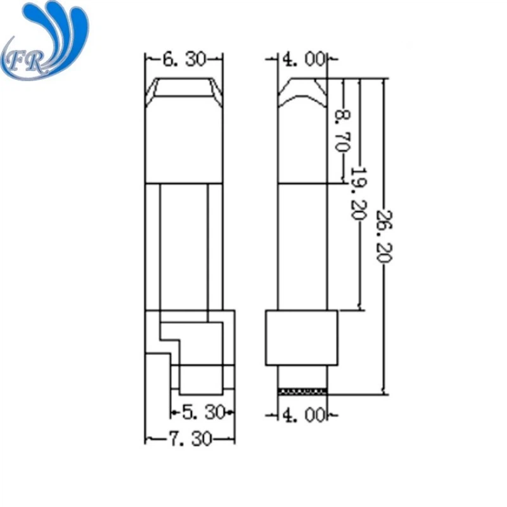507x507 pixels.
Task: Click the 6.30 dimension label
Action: [184, 60]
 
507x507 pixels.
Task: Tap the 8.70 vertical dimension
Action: [342, 129]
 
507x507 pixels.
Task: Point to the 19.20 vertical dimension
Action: [358, 193]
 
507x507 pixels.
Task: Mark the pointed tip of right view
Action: [304, 86]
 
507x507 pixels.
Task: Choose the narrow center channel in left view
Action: [184, 247]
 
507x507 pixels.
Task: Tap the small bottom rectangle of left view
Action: [201, 379]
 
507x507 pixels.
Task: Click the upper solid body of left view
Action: [184, 146]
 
